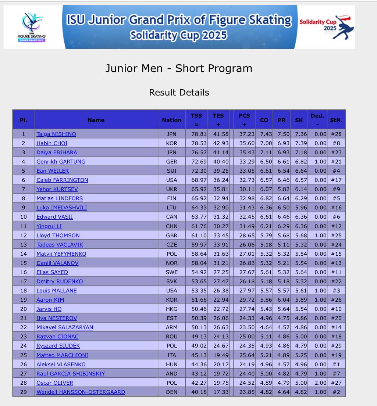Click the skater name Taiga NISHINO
point(56,134)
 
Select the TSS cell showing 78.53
point(199,143)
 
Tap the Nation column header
point(172,120)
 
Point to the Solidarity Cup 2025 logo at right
point(325,27)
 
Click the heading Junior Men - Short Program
point(179,69)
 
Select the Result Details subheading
point(179,93)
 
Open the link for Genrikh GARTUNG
point(61,162)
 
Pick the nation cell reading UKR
point(172,189)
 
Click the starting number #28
point(336,134)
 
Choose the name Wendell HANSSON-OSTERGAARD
point(81,392)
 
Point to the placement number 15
point(24,263)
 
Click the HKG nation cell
point(172,309)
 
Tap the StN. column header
point(336,120)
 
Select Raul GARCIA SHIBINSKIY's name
point(71,374)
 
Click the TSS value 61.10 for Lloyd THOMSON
point(199,236)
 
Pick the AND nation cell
point(172,374)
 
